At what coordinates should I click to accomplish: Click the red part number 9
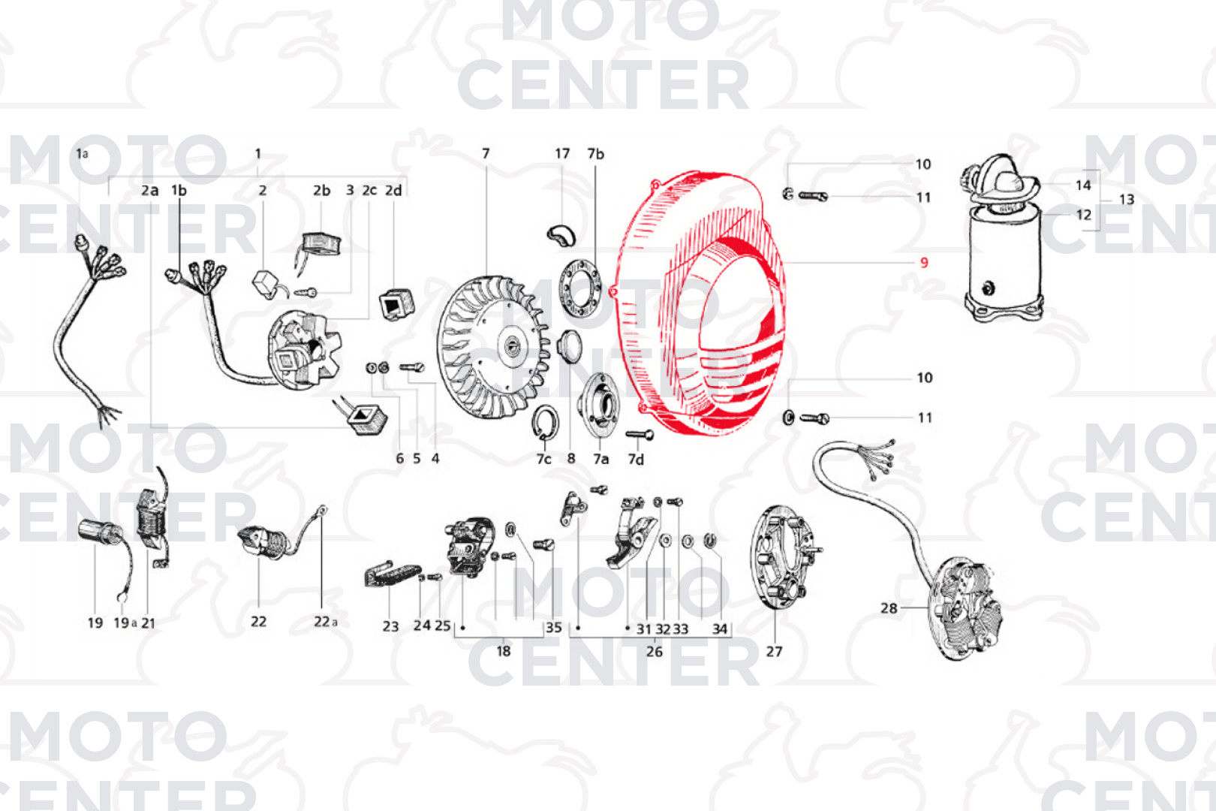(x=924, y=263)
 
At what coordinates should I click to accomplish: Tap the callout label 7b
(x=595, y=154)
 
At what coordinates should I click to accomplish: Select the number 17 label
(x=562, y=154)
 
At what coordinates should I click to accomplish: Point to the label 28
(x=889, y=608)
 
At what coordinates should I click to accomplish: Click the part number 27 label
(x=774, y=651)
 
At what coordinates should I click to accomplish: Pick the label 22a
(x=326, y=622)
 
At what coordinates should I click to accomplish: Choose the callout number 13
(x=1127, y=200)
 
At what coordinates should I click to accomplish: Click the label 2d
(x=393, y=191)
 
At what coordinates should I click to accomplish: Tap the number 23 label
(x=390, y=627)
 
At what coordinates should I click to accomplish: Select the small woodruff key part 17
(x=561, y=234)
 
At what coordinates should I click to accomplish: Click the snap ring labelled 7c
(x=545, y=422)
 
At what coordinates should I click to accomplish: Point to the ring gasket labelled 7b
(x=580, y=288)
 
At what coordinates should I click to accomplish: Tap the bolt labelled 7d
(x=640, y=435)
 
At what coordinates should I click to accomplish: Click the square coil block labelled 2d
(x=397, y=303)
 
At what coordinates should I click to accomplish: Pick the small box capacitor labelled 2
(x=266, y=284)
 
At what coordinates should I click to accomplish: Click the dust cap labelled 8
(x=570, y=347)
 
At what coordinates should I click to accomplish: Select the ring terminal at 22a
(x=323, y=510)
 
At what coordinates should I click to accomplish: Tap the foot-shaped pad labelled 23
(x=392, y=574)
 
